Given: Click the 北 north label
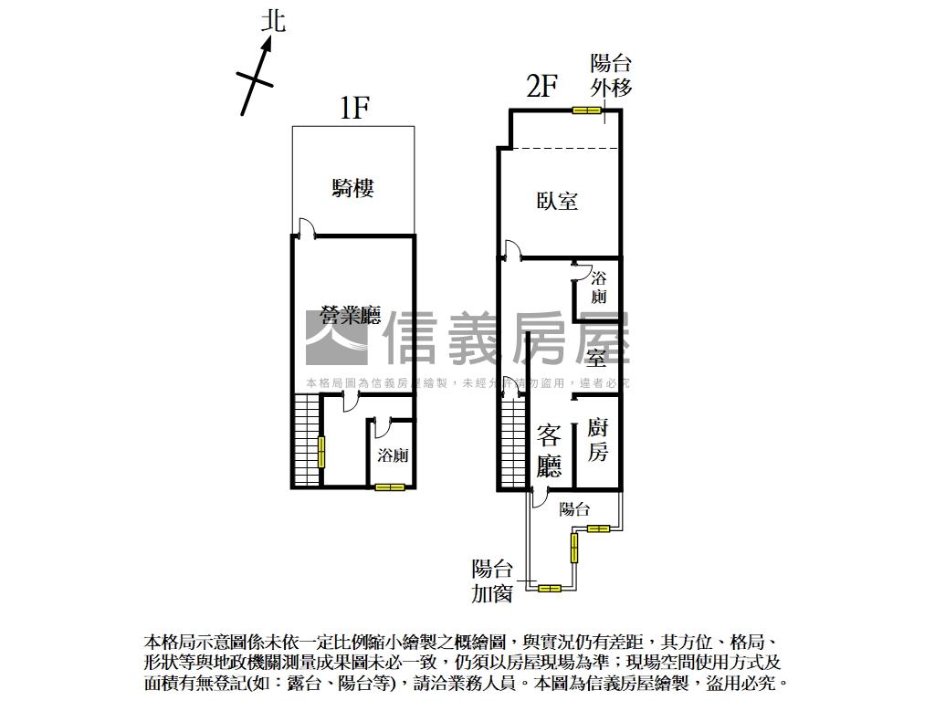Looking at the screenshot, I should (273, 21).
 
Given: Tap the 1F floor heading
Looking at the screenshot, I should (353, 109).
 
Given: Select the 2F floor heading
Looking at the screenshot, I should (541, 87).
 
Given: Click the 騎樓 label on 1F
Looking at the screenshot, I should (352, 188).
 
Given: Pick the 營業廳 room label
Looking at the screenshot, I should (350, 316).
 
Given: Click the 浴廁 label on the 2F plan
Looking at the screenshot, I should (599, 288).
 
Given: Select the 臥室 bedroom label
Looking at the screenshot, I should (557, 201).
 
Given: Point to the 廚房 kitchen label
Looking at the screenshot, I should (597, 440).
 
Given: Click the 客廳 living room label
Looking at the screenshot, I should (549, 451).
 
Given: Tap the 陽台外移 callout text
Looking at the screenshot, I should (611, 75).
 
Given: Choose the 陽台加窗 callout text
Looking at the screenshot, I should (491, 581).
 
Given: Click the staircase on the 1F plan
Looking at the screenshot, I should (307, 439).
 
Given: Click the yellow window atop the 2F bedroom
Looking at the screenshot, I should (585, 111).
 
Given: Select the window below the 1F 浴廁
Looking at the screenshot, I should (389, 487).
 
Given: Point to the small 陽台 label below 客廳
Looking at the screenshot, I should (574, 509).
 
